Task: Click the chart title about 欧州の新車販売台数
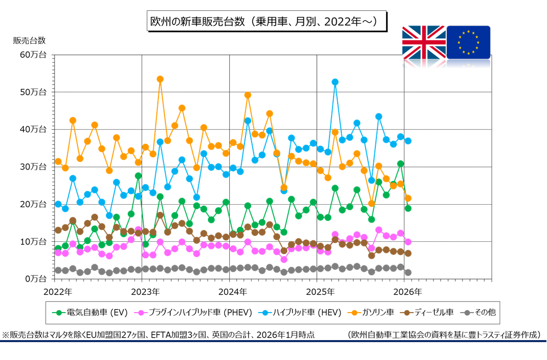(263, 21)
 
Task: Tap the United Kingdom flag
(424, 42)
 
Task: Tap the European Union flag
(468, 42)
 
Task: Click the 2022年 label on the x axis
(58, 292)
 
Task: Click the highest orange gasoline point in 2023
(160, 79)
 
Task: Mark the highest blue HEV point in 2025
(335, 82)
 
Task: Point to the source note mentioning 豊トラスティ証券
(443, 335)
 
